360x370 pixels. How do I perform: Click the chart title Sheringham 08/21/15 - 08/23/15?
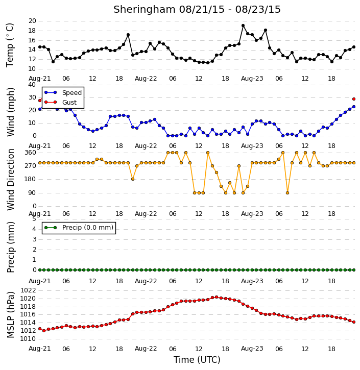[x=197, y=9]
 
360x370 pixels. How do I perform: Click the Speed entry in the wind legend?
[x=63, y=92]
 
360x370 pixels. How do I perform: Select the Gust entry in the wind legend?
[x=61, y=102]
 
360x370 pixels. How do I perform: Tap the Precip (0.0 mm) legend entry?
[x=79, y=228]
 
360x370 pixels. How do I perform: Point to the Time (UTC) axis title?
[x=197, y=360]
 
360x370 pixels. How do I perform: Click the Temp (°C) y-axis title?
[x=10, y=45]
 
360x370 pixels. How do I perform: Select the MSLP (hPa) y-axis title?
[x=10, y=315]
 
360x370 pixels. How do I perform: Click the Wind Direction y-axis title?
[x=10, y=179]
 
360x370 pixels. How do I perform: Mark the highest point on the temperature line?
[x=243, y=26]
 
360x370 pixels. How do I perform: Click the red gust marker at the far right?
[x=354, y=99]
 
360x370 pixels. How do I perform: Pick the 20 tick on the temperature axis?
[x=32, y=21]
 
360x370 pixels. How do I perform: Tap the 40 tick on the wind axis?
[x=32, y=85]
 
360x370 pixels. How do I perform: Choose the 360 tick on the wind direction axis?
[x=31, y=153]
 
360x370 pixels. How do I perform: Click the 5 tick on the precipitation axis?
[x=34, y=219]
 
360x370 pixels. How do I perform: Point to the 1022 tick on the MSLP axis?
[x=28, y=290]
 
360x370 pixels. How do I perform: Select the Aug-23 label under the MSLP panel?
[x=252, y=349]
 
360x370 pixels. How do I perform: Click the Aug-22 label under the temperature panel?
[x=146, y=79]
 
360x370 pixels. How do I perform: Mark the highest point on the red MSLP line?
[x=217, y=297]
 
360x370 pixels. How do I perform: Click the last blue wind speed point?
[x=354, y=107]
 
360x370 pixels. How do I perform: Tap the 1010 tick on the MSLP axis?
[x=28, y=339]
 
